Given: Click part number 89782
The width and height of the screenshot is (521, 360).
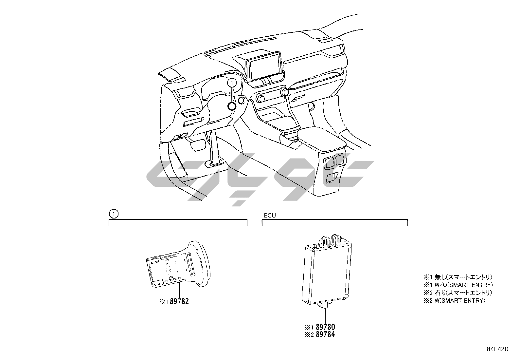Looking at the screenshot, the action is [x=179, y=302].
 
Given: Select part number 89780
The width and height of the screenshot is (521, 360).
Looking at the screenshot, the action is [x=325, y=327].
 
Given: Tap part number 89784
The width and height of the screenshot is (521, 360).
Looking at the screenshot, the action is [x=325, y=334].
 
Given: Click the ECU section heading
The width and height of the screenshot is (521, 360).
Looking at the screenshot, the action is [x=270, y=216].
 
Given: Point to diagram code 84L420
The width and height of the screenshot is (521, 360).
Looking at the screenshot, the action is [x=497, y=349].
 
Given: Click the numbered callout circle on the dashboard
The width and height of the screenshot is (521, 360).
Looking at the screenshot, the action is [x=232, y=83].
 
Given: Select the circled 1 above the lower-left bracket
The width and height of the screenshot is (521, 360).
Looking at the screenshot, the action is [x=114, y=214].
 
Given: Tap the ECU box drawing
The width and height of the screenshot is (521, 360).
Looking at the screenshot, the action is [x=327, y=271].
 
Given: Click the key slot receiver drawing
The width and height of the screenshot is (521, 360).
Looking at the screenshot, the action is [x=178, y=265].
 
